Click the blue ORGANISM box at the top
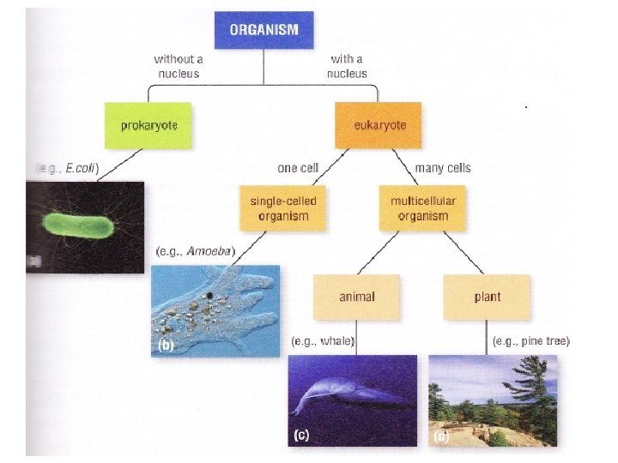(264, 29)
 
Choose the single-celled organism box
(284, 207)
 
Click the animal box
(357, 297)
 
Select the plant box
(487, 297)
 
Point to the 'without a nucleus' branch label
(179, 66)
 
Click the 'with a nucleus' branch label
(347, 66)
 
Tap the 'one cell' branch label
(300, 168)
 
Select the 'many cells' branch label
(442, 168)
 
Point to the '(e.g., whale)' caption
(323, 341)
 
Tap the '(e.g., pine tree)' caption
(532, 341)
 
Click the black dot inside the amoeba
(209, 297)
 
